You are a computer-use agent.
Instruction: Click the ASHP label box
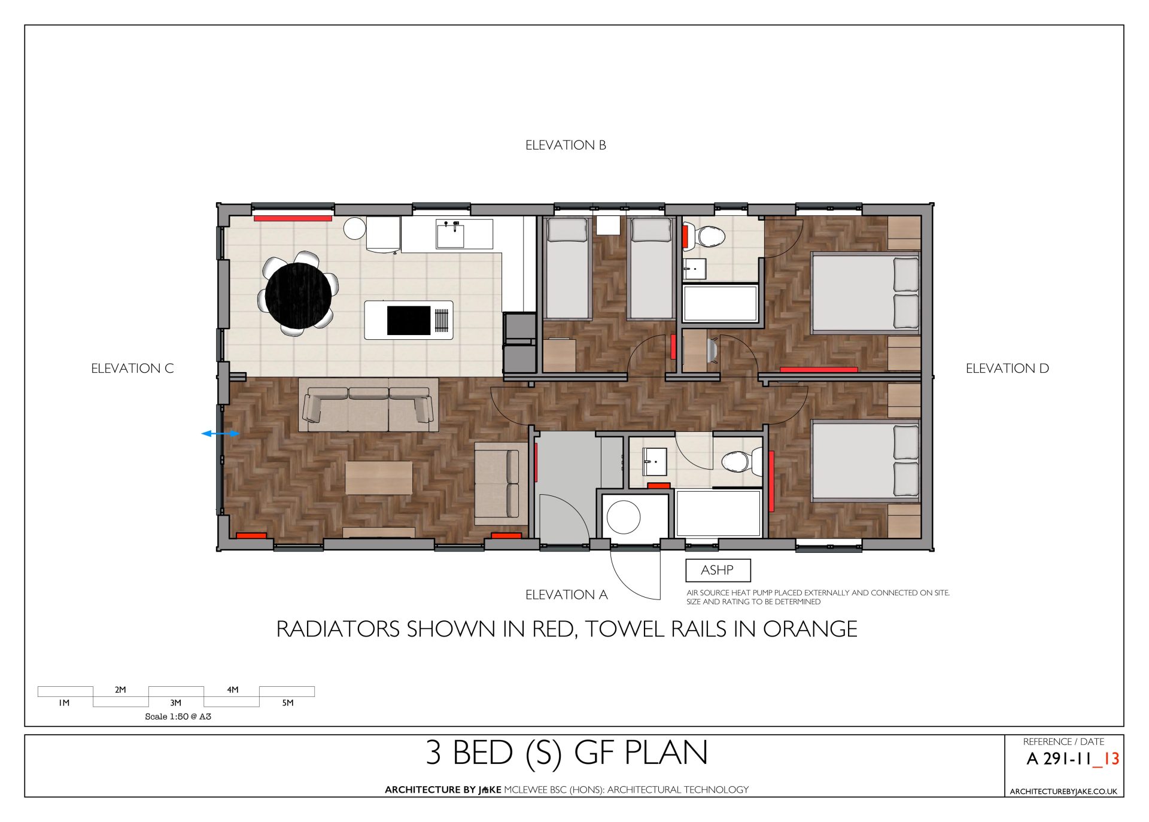coord(718,570)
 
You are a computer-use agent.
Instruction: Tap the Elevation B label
coord(566,145)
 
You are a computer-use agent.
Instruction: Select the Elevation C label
coord(132,369)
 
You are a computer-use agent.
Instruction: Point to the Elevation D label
coord(1007,369)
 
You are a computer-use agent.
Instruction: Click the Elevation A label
coord(566,595)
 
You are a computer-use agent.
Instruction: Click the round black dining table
coord(298,296)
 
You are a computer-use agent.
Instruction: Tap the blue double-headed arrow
coord(220,434)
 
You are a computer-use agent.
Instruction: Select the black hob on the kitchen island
coord(409,320)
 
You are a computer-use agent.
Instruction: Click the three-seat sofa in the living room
coord(368,409)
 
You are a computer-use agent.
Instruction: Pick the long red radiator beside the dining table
coord(293,218)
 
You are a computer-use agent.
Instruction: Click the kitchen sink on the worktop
coord(450,234)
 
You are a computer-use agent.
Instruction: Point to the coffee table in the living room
coord(379,477)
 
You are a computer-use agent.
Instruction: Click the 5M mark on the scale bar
coord(288,703)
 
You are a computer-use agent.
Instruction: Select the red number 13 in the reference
coord(1111,759)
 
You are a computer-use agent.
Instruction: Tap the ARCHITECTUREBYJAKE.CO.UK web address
coord(1063,791)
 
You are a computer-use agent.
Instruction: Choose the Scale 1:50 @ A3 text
coord(178,717)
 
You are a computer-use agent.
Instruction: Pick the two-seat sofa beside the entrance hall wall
coord(497,483)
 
